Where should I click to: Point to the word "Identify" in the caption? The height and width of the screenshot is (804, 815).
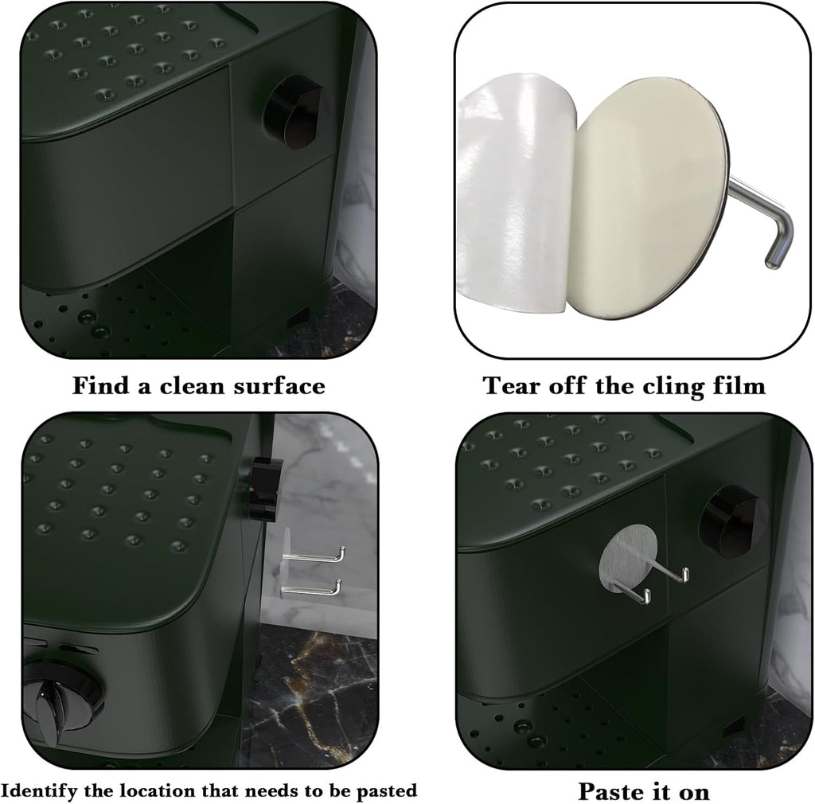[40, 790]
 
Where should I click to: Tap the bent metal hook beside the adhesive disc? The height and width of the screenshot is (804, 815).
[762, 221]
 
